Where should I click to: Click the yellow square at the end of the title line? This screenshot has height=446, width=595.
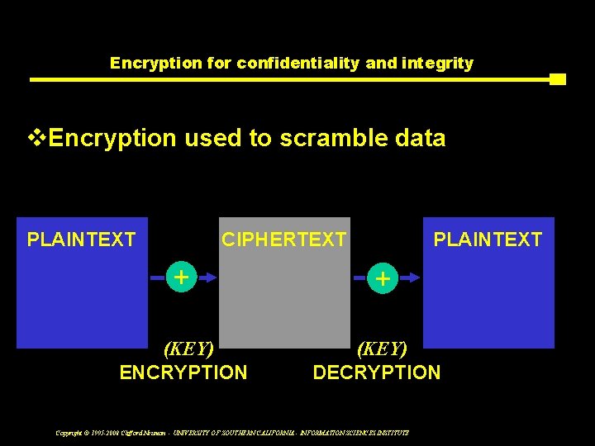point(558,79)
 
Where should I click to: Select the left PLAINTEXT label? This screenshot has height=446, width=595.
point(81,240)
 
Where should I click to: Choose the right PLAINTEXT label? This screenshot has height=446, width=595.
point(488,240)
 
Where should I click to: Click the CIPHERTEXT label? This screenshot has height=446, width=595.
point(283,240)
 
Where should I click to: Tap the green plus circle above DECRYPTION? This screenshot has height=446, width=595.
point(383,278)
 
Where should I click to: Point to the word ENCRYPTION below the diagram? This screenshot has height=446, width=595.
point(183,372)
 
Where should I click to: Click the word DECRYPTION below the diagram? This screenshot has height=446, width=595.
point(377,372)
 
